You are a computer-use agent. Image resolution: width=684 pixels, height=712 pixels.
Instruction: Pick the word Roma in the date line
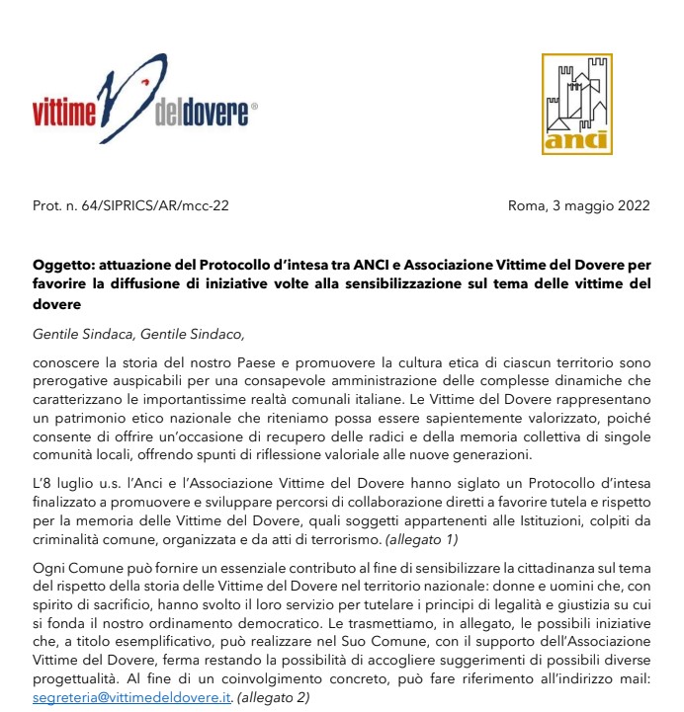click(x=524, y=205)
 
